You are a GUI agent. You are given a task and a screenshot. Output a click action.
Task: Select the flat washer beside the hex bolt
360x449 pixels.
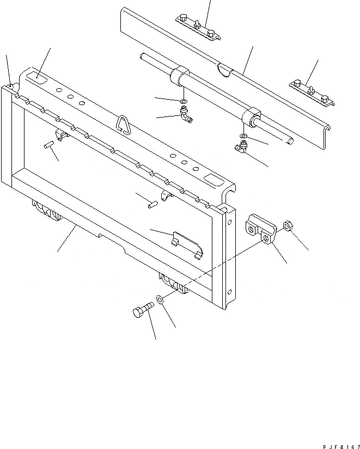[160, 299]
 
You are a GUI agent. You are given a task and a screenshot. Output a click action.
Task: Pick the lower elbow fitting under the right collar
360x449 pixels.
[240, 146]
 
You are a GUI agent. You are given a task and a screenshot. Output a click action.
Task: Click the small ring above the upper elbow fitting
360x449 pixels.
[184, 102]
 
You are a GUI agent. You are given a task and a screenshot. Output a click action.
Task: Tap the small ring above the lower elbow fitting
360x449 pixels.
[243, 136]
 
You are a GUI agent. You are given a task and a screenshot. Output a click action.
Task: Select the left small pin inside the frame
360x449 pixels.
[48, 145]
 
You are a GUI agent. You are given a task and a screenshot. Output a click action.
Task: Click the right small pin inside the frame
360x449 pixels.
[153, 204]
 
